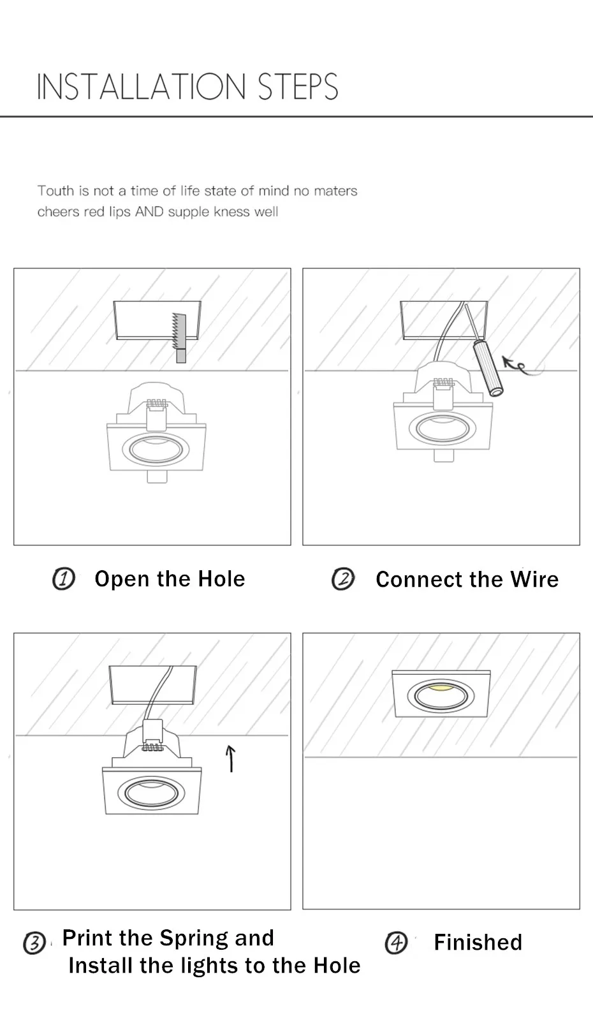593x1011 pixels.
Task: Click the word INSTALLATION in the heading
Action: point(141,87)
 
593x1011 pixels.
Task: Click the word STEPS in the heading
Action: point(298,87)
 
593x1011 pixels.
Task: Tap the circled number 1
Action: point(64,579)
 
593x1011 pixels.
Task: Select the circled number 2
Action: point(343,579)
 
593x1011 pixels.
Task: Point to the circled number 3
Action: point(34,943)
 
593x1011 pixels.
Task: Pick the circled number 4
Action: point(396,942)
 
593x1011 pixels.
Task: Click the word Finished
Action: point(478,942)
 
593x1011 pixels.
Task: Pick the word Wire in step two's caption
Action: point(534,579)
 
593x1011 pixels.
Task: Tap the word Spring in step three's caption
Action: point(194,938)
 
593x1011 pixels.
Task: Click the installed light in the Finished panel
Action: point(441,694)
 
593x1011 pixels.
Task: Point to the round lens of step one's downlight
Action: point(156,450)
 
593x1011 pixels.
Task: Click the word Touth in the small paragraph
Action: point(55,191)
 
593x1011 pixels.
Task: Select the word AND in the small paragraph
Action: point(149,212)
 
